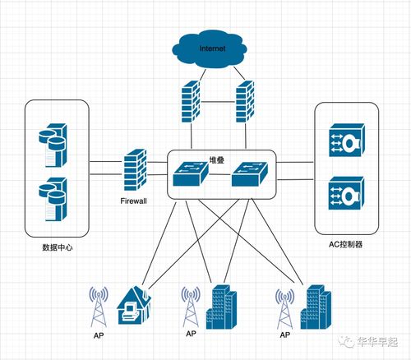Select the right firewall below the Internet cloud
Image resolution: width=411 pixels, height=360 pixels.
[x=244, y=102]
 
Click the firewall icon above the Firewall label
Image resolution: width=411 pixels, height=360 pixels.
[x=134, y=171]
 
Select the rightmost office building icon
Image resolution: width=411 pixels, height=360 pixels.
[x=314, y=307]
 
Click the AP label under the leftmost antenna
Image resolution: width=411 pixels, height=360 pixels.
[x=99, y=337]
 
